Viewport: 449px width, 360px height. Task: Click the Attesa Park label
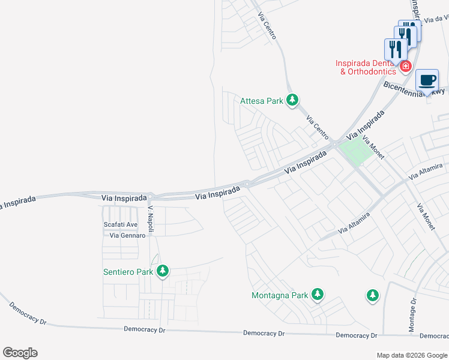point(261,101)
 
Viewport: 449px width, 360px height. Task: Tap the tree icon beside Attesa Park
point(292,100)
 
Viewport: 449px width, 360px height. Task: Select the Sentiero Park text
point(128,272)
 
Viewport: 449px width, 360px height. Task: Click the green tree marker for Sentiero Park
point(162,272)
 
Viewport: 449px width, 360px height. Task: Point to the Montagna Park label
point(280,295)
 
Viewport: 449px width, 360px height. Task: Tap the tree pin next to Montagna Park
point(318,295)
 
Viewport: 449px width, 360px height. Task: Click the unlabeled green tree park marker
point(373,295)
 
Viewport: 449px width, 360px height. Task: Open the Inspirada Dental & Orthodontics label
point(369,67)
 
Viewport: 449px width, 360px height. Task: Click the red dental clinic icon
point(406,66)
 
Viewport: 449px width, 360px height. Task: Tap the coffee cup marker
point(427,80)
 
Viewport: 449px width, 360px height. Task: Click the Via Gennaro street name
point(127,235)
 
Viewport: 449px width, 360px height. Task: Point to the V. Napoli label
point(152,220)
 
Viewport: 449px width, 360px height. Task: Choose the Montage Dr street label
point(413,316)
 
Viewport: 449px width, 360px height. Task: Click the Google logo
point(20,353)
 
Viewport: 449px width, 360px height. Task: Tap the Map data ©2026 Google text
point(411,355)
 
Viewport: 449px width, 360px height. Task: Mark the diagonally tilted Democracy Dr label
point(28,313)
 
